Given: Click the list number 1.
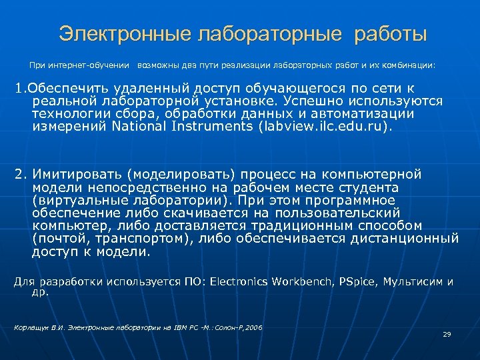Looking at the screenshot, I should tap(19, 89).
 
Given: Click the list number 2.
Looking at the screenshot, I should tap(20, 175).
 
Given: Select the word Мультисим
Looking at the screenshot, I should tap(412, 282).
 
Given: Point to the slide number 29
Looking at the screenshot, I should tap(447, 334).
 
